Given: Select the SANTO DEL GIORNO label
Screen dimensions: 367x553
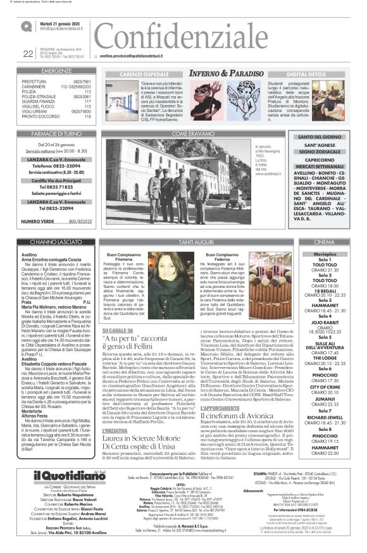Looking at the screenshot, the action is (320, 137).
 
